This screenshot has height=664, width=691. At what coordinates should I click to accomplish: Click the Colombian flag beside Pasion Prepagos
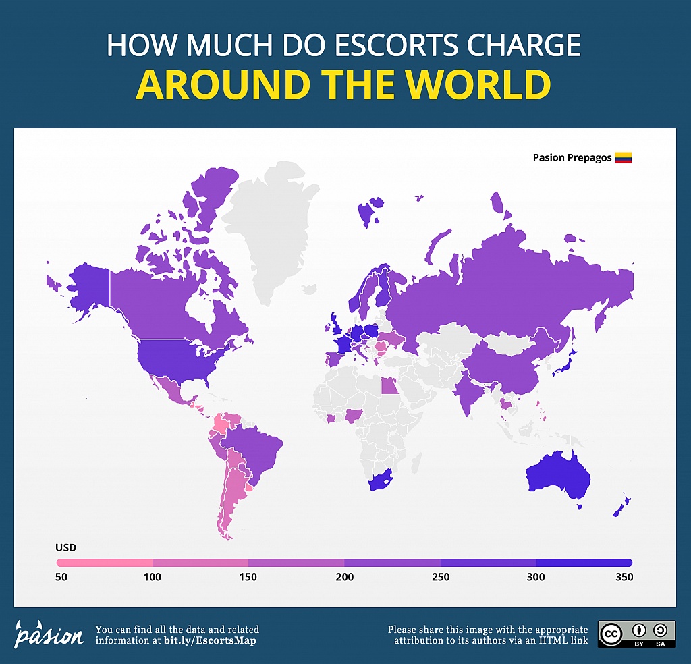pyautogui.click(x=623, y=158)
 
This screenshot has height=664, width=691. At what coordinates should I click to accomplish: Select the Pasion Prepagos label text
pyautogui.click(x=572, y=158)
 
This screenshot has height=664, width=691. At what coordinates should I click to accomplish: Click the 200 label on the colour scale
pyautogui.click(x=345, y=577)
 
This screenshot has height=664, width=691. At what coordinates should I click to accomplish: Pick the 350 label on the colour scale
pyautogui.click(x=624, y=577)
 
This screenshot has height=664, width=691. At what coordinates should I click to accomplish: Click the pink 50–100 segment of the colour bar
pyautogui.click(x=105, y=562)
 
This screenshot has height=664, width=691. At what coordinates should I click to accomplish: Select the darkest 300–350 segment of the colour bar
pyautogui.click(x=584, y=562)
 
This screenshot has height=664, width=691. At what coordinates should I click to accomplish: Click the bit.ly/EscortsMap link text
pyautogui.click(x=211, y=640)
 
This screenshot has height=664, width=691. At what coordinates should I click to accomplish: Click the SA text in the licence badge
pyautogui.click(x=660, y=644)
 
